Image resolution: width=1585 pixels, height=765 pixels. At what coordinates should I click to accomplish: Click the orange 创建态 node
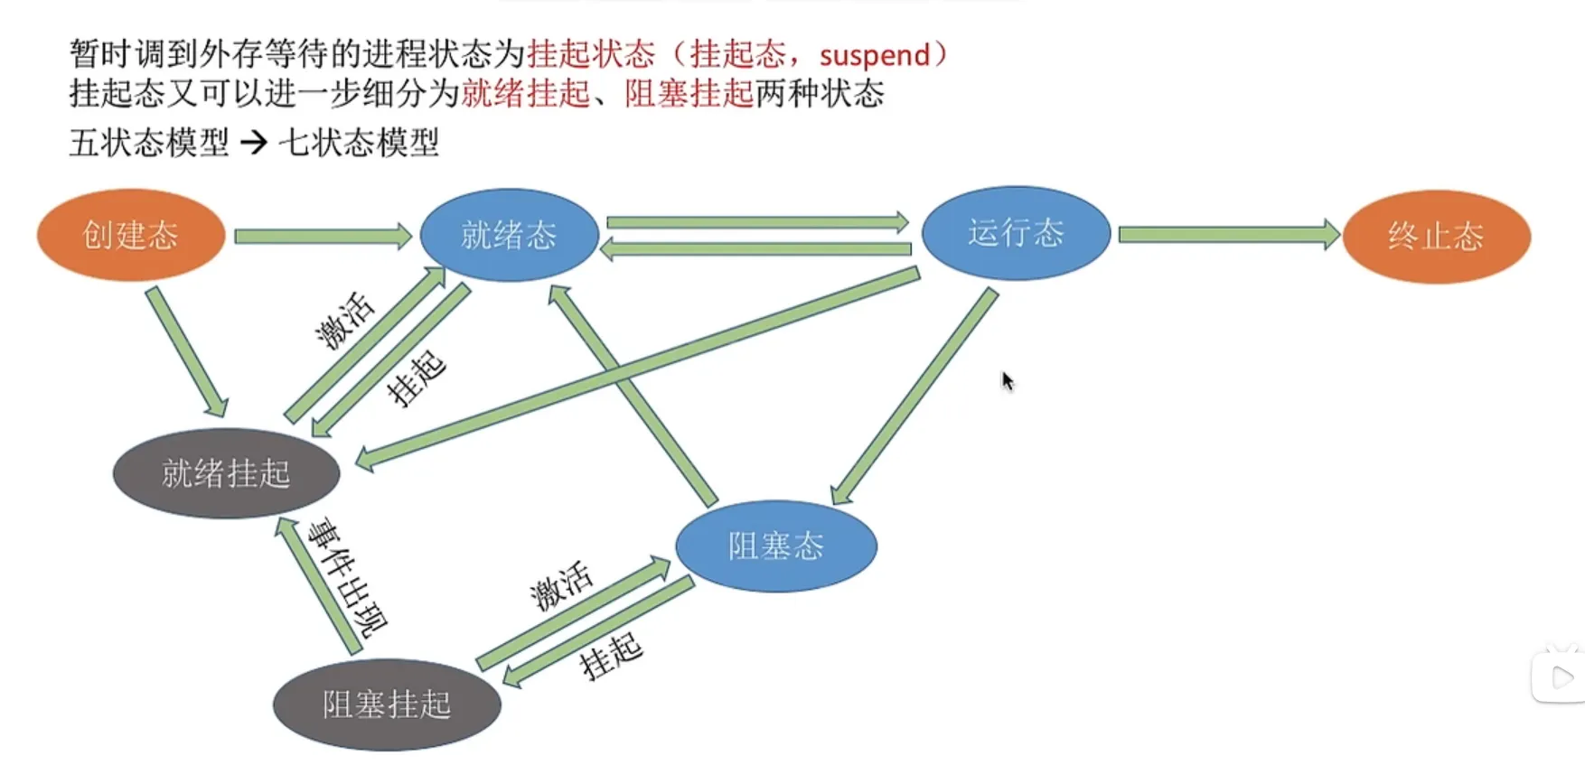[x=131, y=235]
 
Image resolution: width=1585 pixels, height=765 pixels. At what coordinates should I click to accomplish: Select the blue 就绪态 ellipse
[x=509, y=235]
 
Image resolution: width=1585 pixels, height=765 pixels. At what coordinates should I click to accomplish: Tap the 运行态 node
[x=1016, y=233]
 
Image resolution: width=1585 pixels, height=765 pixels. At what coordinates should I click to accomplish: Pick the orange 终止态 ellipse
[x=1436, y=237]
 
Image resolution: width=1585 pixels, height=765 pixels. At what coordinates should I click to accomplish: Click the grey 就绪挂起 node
[x=226, y=473]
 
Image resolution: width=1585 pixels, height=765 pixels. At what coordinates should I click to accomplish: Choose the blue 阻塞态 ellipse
[x=776, y=546]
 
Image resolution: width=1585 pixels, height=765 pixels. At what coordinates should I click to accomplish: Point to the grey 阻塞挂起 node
[x=387, y=704]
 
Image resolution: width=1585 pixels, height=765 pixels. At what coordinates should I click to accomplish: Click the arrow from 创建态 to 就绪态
[x=322, y=237]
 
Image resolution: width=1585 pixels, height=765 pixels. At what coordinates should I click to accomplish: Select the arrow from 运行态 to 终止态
[x=1227, y=235]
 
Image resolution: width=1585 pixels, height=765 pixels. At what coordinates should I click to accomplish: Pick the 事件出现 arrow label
[x=347, y=578]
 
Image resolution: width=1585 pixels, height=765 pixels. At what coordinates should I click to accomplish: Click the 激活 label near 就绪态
[x=344, y=321]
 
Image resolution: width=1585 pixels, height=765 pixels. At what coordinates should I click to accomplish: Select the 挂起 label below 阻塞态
[x=611, y=656]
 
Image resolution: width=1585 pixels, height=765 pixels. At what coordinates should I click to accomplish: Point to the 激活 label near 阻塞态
[x=561, y=585]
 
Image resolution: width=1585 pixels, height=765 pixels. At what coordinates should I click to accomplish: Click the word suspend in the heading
[x=874, y=55]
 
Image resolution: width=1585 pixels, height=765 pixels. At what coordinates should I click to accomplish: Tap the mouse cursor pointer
[x=1008, y=381]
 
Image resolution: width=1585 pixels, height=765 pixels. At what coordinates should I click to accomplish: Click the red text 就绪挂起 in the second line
[x=525, y=94]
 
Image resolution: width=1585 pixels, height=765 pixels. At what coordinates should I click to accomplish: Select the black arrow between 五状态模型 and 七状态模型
[x=254, y=142]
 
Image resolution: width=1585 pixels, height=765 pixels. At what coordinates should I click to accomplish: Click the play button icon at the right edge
[x=1562, y=677]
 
